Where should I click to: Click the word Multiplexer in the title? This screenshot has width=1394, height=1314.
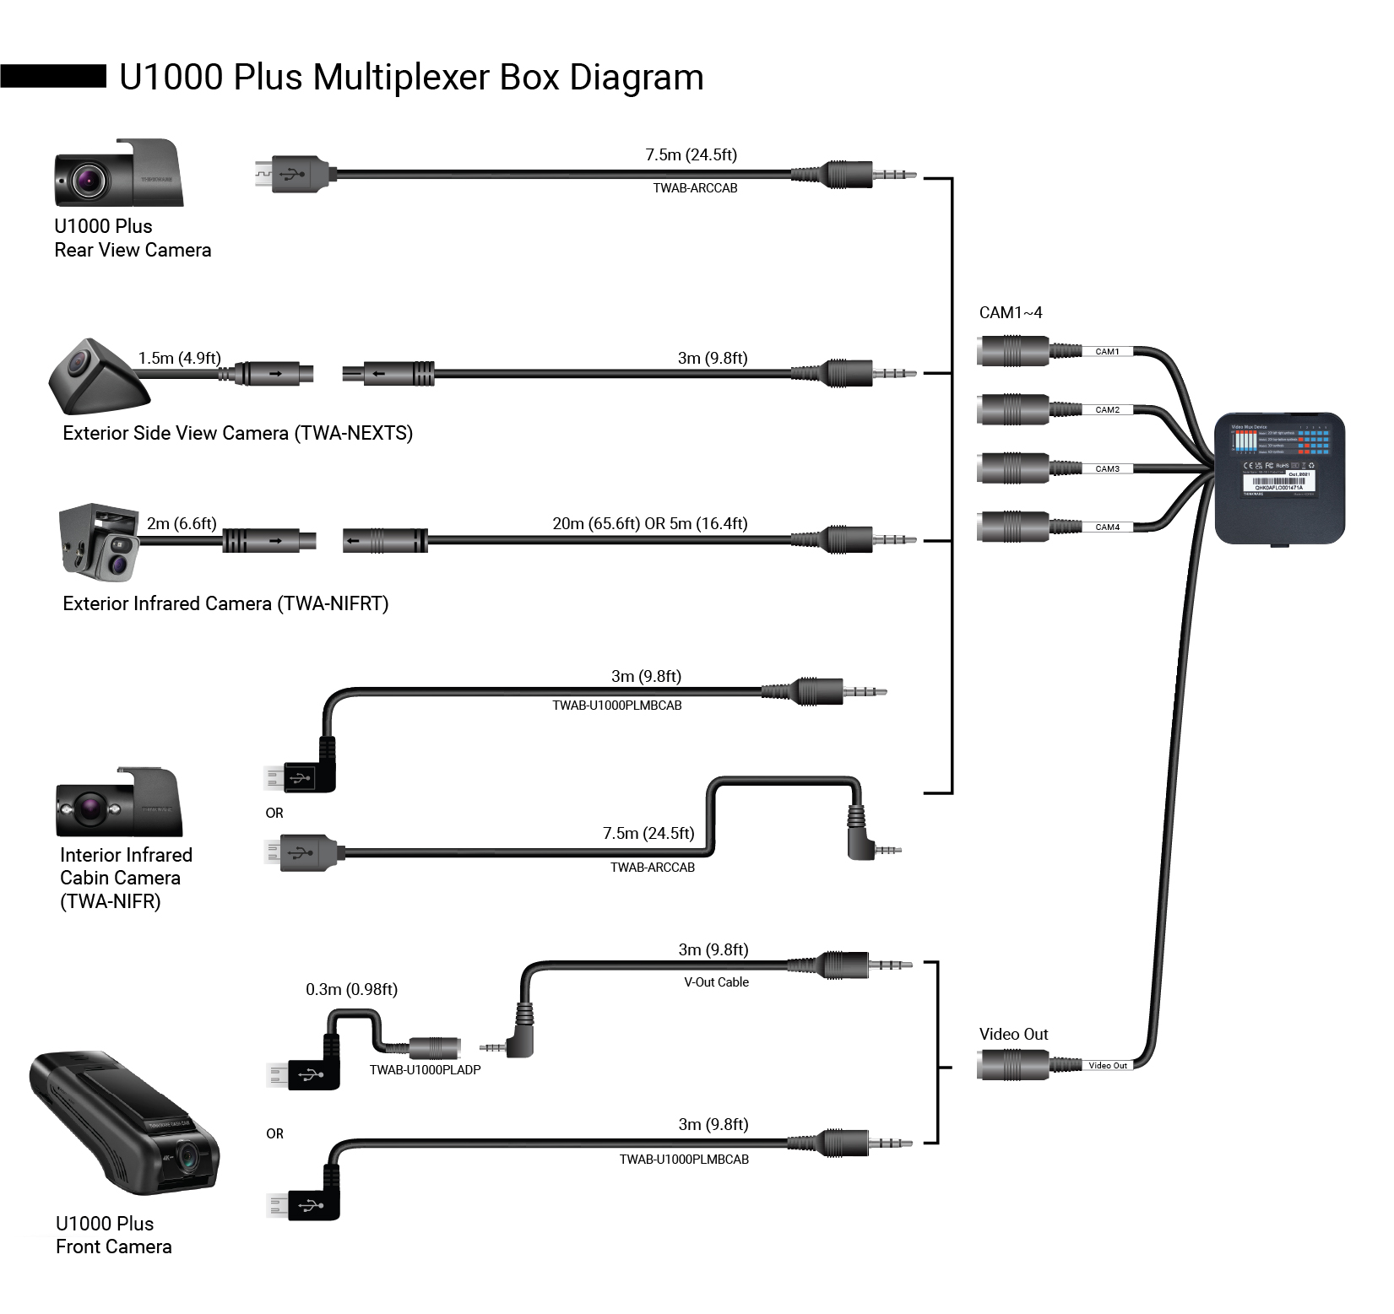coord(401,78)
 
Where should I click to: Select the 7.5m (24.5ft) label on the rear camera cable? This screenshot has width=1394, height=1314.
coord(691,154)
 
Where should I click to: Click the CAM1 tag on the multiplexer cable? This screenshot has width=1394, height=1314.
coord(1107,351)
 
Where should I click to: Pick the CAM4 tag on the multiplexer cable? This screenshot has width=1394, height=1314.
coord(1107,527)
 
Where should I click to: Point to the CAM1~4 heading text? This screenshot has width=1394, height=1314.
coord(1010,312)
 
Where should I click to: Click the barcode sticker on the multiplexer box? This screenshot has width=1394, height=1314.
coord(1278,483)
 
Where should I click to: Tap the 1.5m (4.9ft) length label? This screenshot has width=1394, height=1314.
coord(179,358)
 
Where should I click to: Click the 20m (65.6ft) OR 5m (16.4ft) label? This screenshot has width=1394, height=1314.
coord(649,523)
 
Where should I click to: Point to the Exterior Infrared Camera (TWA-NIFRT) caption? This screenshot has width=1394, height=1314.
coord(225,603)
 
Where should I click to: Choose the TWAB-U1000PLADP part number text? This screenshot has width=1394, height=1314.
coord(425,1069)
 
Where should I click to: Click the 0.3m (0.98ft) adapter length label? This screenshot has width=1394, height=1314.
coord(351,989)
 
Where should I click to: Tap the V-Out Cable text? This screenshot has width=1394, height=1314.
coord(716,982)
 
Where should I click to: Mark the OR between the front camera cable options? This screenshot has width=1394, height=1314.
coord(274,1133)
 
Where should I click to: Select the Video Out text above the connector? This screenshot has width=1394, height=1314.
coord(1013,1034)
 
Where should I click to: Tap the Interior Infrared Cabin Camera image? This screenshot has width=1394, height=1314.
coord(118,803)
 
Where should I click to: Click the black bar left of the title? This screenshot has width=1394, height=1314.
coord(53,76)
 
